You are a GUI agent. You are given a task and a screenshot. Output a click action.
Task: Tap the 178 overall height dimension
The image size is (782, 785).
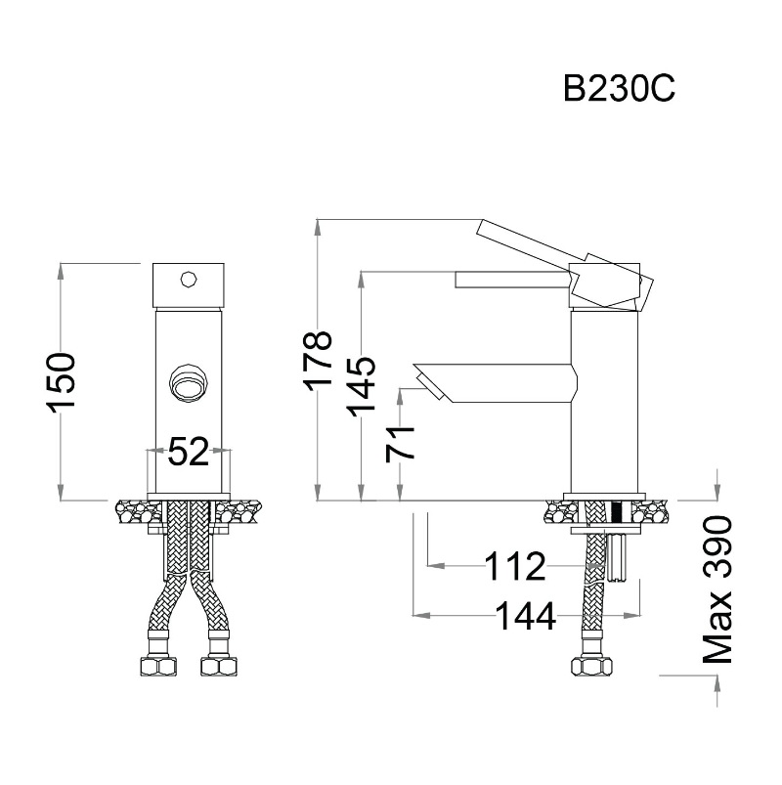click(x=318, y=361)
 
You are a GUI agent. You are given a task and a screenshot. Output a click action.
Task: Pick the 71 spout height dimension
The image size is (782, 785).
click(x=401, y=443)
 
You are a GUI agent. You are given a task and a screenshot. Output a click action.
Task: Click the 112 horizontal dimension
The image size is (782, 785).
click(x=515, y=565)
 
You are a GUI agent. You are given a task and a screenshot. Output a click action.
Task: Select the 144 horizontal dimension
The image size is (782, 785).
click(x=524, y=616)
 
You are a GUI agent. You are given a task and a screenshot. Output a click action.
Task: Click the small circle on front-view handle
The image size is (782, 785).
click(x=189, y=280)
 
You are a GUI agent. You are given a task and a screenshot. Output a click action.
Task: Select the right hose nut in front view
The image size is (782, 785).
click(x=220, y=667)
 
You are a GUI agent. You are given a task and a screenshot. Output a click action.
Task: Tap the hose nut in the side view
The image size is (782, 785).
click(x=592, y=667)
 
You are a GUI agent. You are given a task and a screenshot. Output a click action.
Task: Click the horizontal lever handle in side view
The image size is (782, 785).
click(x=508, y=281)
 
